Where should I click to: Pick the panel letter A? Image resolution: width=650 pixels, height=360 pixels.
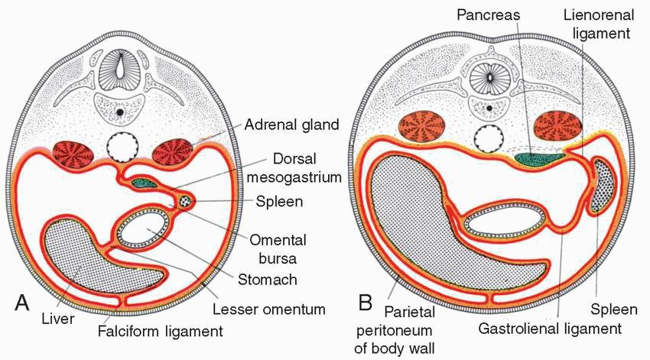24,302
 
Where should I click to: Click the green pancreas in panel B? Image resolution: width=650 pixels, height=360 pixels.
539,157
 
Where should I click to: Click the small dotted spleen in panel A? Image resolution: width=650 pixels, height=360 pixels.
184,200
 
